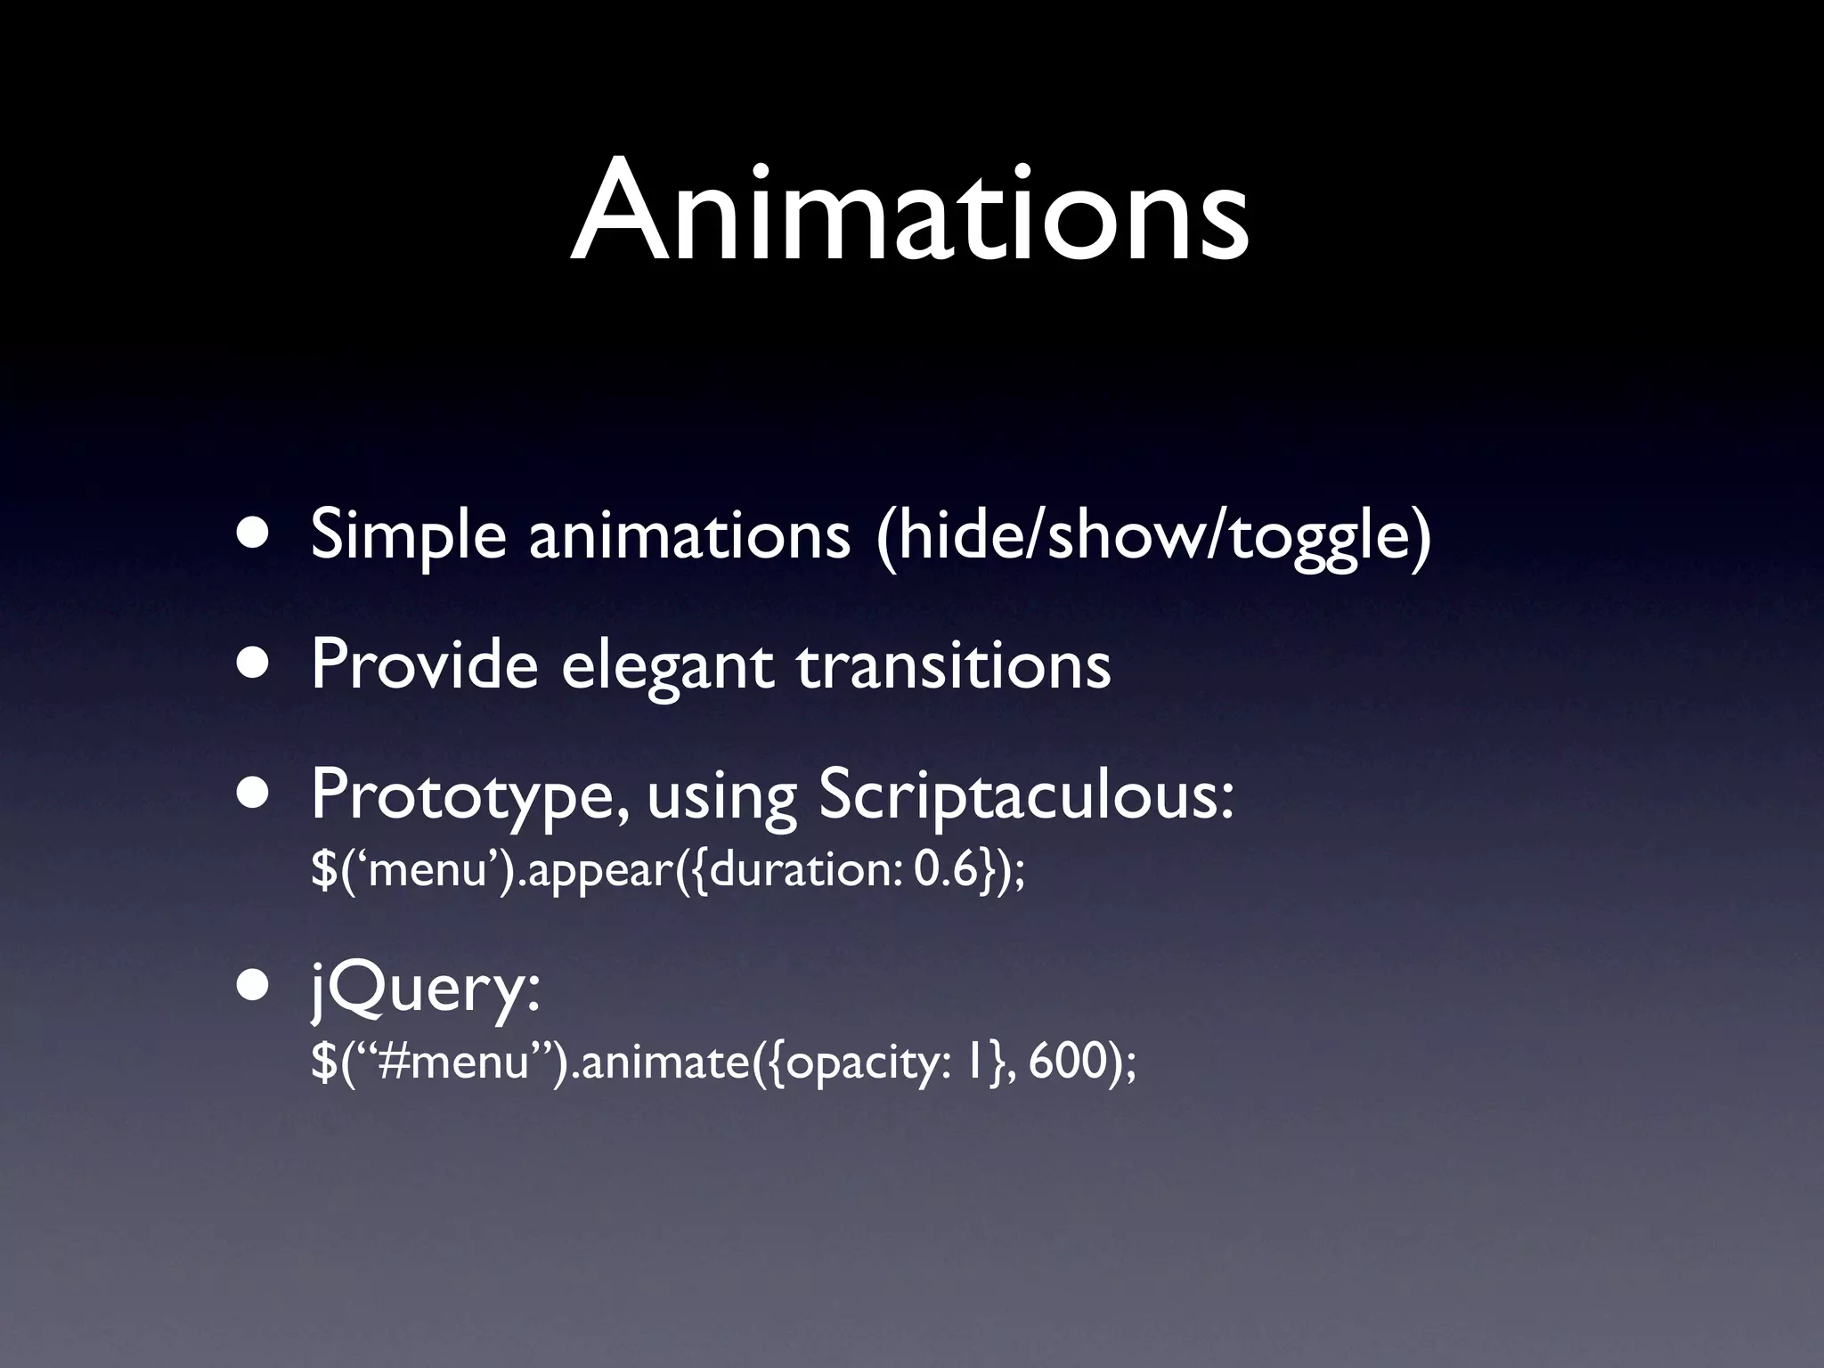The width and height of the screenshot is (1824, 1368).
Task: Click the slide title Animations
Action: pyautogui.click(x=909, y=212)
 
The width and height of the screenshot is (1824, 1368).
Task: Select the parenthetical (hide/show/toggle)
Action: pyautogui.click(x=1153, y=537)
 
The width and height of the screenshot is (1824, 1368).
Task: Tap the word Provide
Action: pyautogui.click(x=424, y=666)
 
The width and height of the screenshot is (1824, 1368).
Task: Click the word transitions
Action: pyautogui.click(x=954, y=666)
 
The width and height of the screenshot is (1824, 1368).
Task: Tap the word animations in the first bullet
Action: pyautogui.click(x=689, y=537)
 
